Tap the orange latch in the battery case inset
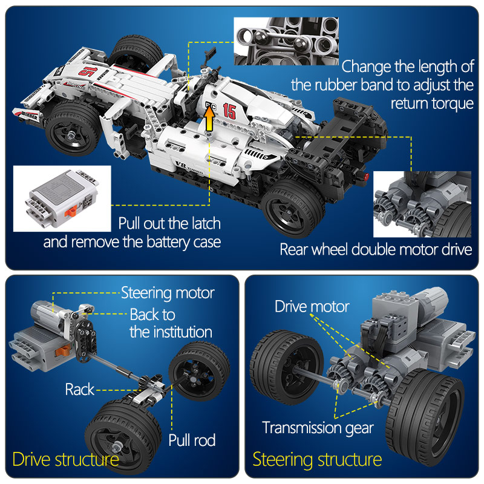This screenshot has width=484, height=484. coord(71,211)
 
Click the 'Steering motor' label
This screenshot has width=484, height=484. coord(168,293)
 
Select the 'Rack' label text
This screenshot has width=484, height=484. coord(80,390)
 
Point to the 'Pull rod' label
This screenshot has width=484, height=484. coord(192,440)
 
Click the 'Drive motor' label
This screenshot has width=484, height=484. coord(312,307)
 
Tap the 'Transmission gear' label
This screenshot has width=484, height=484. coord(318,428)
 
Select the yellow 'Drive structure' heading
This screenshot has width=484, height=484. coord(66,459)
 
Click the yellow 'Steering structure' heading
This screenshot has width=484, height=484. coord(317,460)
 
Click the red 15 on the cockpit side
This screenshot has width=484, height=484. coord(229,111)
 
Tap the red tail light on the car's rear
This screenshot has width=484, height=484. coord(367,176)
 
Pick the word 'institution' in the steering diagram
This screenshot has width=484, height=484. coord(183,332)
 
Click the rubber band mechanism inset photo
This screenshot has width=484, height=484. coord(286,41)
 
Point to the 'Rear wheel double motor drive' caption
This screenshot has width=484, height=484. coord(376,249)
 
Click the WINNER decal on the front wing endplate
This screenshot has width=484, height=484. coord(29,116)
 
